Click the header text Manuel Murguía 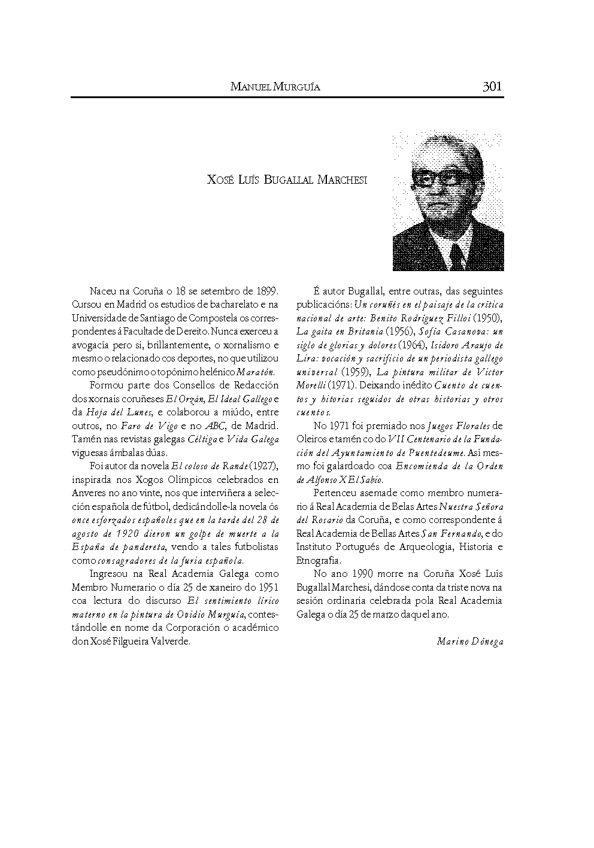click(275, 87)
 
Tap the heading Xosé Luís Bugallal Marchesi click(287, 180)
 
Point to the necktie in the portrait click(457, 254)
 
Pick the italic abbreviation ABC click(214, 426)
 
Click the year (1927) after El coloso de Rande click(262, 465)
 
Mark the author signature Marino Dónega click(470, 642)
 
